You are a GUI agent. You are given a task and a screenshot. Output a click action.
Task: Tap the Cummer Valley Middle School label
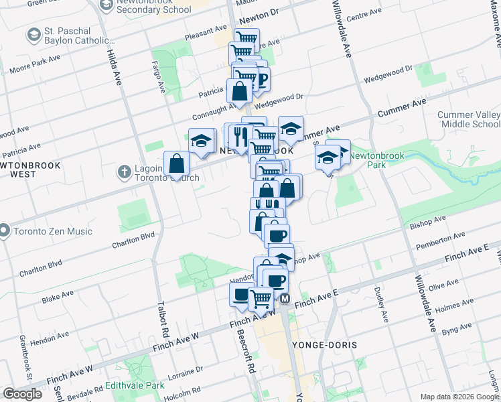[469, 119]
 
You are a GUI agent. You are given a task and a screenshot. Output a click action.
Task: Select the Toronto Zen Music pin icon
[3, 231]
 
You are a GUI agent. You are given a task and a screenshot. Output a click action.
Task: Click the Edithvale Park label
[134, 386]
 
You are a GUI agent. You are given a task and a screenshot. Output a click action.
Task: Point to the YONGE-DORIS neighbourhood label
[324, 344]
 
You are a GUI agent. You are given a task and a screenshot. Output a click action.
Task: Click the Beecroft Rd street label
[251, 352]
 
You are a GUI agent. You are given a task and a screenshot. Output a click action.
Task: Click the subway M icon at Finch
[285, 298]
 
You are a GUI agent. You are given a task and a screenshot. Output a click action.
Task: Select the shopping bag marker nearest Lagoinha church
[176, 163]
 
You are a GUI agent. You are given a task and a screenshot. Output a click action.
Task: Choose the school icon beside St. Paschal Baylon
[33, 33]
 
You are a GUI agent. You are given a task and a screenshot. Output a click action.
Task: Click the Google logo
[21, 393]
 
